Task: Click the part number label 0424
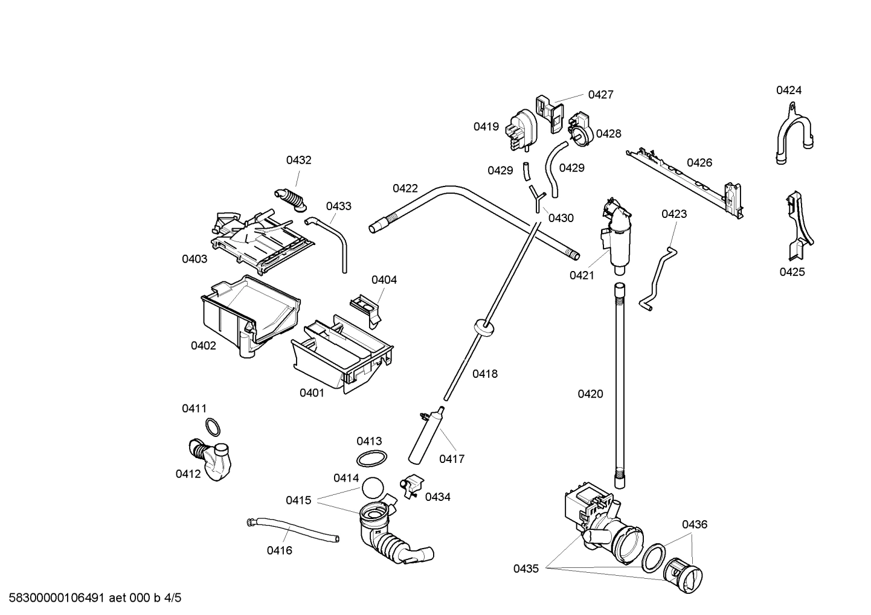click(789, 91)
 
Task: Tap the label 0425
click(792, 272)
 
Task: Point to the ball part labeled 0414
click(373, 487)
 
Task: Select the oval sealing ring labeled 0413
click(370, 459)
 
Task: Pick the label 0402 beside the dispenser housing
click(204, 346)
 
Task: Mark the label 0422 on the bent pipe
click(405, 188)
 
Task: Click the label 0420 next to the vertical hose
click(590, 394)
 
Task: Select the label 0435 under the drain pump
click(526, 568)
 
